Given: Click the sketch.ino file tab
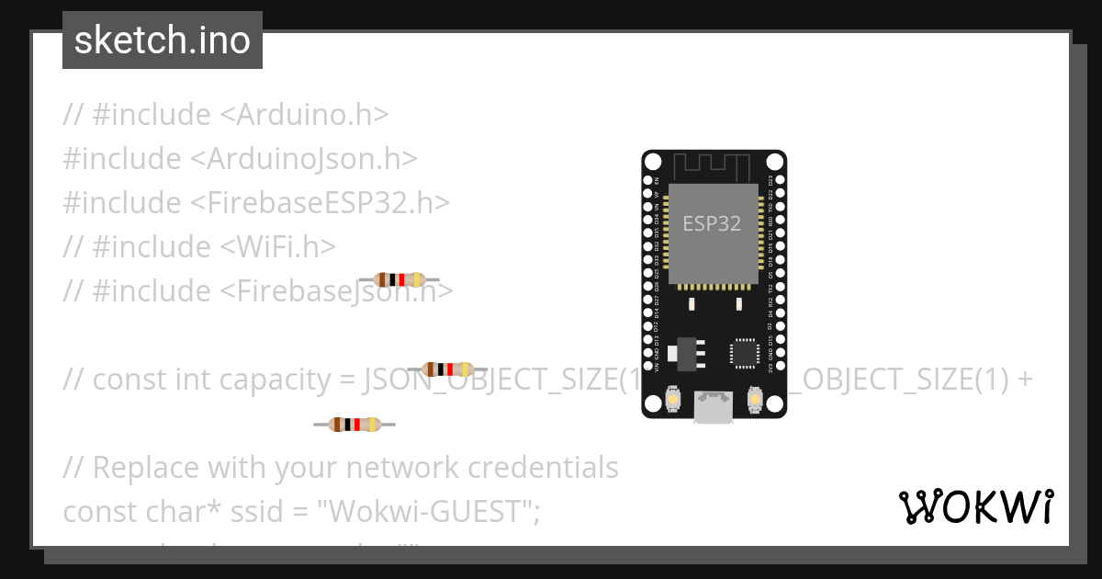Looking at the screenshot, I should (x=163, y=40).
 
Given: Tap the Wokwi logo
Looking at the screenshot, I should (x=975, y=506).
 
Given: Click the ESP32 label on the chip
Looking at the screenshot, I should (x=712, y=223).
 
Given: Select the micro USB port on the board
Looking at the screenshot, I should (x=714, y=407).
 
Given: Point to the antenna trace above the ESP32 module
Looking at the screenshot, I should (x=714, y=167).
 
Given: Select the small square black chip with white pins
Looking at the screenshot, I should (x=743, y=353).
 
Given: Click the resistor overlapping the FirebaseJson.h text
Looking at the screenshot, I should (x=399, y=279).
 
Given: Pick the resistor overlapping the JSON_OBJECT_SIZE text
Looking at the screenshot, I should (x=447, y=369).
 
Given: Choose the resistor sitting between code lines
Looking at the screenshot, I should (x=354, y=424).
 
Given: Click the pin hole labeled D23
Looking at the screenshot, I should (x=779, y=179).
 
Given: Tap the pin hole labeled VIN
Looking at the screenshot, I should (x=648, y=367).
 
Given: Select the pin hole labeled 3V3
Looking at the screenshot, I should (x=779, y=367).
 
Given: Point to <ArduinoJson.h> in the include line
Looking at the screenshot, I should (x=304, y=159).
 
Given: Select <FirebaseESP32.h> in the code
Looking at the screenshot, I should (x=320, y=203).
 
